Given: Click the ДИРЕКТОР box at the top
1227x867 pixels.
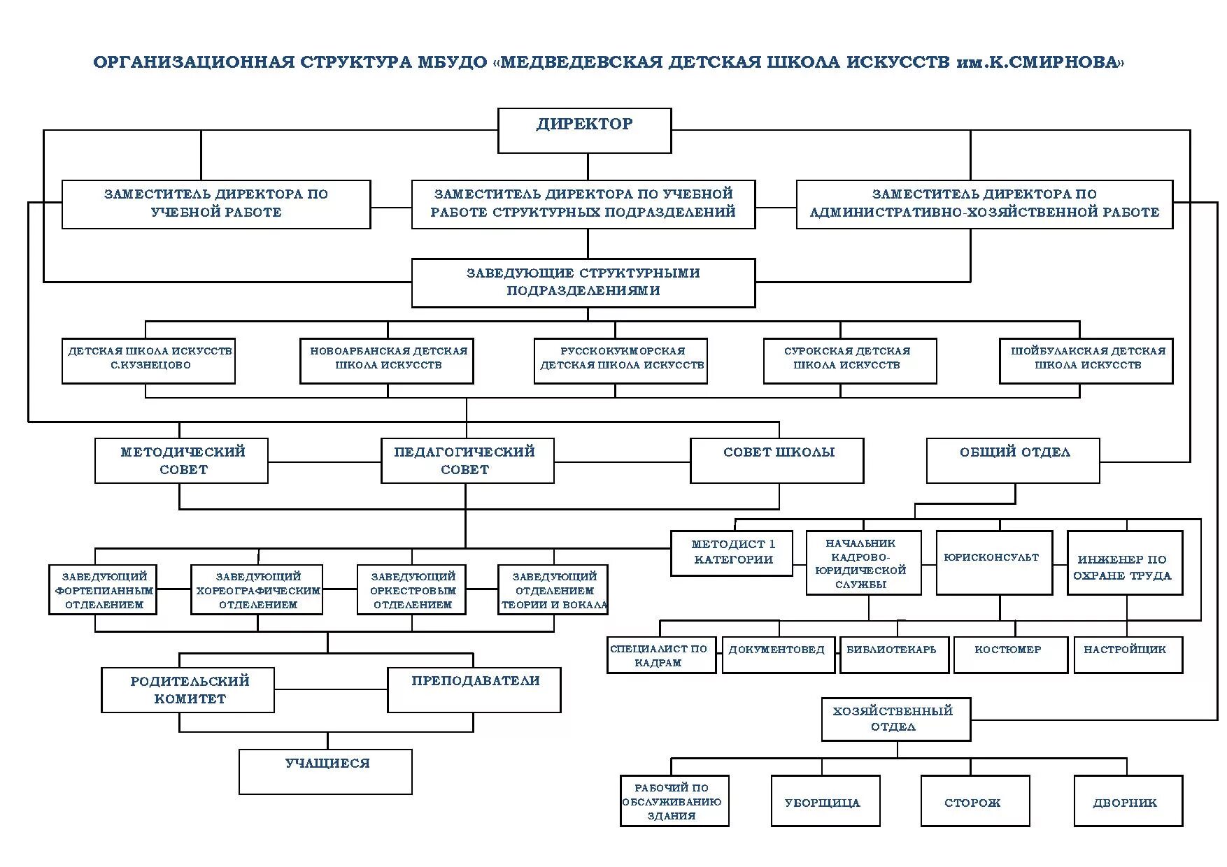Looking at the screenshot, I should click(584, 131).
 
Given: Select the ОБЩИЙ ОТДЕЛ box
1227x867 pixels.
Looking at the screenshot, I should click(1013, 460).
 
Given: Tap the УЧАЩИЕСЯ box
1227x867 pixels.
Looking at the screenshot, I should click(325, 771).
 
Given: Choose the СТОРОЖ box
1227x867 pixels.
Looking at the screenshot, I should click(974, 801).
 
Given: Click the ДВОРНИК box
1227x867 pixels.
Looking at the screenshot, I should click(1128, 801).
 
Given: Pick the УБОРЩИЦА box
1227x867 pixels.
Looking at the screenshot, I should click(825, 801).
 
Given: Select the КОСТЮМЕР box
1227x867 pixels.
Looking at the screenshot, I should click(1010, 654).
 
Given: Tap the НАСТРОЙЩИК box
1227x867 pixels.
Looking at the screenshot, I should click(1128, 654).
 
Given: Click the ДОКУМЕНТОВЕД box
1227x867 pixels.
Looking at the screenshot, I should click(778, 654).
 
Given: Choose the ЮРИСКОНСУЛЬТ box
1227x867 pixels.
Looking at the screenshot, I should click(993, 562).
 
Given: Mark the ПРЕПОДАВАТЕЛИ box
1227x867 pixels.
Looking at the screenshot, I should click(474, 689).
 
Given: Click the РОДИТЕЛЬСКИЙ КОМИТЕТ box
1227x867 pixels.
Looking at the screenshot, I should click(187, 689).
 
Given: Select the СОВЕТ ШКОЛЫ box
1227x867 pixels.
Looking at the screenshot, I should click(776, 460).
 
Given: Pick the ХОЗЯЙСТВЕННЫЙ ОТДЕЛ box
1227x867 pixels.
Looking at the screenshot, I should click(895, 719).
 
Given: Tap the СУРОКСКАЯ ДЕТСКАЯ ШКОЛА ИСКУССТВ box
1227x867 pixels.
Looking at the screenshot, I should click(849, 361).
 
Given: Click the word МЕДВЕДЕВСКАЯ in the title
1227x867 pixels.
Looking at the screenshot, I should click(581, 62).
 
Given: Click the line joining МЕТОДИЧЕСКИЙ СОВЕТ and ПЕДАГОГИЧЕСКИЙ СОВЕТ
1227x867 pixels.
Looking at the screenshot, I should click(324, 462).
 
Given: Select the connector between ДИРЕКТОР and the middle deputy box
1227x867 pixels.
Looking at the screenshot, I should click(588, 166).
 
